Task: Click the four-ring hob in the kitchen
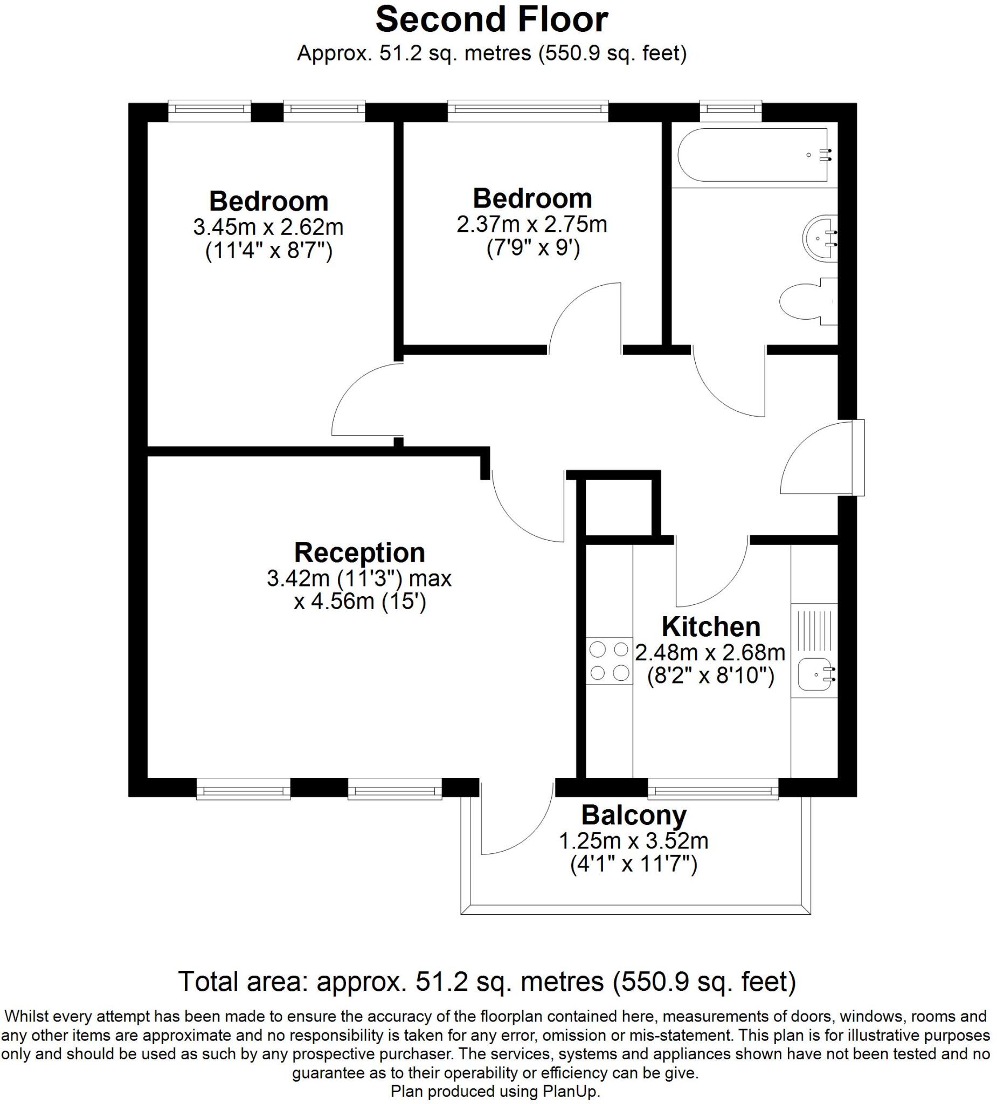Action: pos(610,661)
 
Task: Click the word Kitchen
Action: pos(711,626)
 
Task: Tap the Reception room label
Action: pos(359,553)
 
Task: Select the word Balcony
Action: pos(633,816)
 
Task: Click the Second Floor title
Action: pos(491,20)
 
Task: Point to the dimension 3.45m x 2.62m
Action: pos(268,227)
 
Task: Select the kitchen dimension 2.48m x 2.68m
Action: pos(710,652)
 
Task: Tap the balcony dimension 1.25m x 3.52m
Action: pos(633,841)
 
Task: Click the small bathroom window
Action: pos(731,111)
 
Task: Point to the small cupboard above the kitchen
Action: pos(619,507)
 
